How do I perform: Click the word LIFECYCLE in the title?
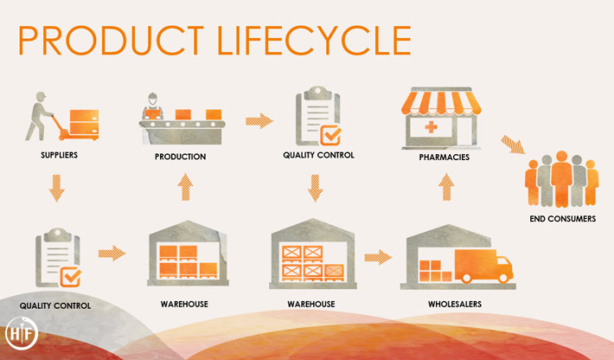(314, 41)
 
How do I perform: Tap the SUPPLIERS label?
(59, 155)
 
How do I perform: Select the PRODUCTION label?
(180, 157)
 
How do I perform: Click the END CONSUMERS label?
(563, 219)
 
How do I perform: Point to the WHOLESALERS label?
(455, 304)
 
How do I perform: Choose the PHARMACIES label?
(444, 157)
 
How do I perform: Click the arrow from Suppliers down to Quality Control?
(57, 188)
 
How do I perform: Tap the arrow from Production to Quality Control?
(259, 121)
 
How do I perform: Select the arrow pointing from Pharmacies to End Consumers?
(513, 145)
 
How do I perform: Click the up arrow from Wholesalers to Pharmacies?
(446, 187)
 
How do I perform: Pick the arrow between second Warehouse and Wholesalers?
(378, 257)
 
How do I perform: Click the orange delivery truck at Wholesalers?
(483, 266)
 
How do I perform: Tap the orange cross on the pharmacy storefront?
(432, 127)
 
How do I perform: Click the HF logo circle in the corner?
(22, 333)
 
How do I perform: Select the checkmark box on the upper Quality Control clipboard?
(331, 135)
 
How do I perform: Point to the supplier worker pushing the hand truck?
(38, 116)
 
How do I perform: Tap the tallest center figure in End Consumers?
(561, 178)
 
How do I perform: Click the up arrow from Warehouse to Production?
(185, 187)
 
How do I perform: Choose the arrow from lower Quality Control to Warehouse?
(112, 254)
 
